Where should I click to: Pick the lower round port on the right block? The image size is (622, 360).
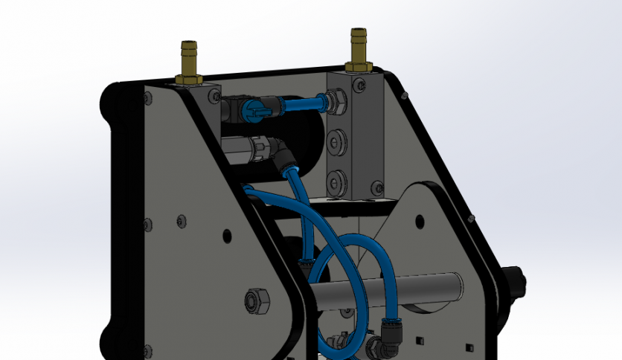tap(338, 180)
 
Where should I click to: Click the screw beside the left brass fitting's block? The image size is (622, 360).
tap(214, 95)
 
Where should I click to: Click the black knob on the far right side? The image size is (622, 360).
tap(515, 280)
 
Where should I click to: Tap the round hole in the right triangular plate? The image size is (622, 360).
tap(420, 221)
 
